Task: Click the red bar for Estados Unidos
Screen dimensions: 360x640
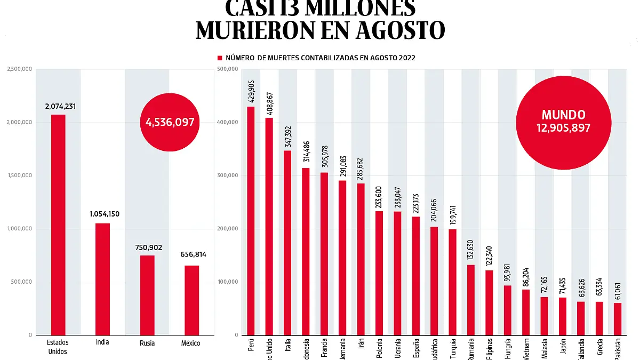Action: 58,224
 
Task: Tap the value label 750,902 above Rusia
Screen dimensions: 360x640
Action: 147,247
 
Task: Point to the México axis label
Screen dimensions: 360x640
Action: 191,343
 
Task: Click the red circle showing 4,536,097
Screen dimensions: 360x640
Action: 170,122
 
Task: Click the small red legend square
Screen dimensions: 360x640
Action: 219,58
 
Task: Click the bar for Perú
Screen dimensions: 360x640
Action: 251,221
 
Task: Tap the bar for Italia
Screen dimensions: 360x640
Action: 287,243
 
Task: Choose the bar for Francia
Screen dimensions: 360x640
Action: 324,253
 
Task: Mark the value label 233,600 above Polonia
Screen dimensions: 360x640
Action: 379,193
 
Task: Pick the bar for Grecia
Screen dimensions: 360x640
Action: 599,318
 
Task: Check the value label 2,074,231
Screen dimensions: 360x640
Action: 61,107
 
